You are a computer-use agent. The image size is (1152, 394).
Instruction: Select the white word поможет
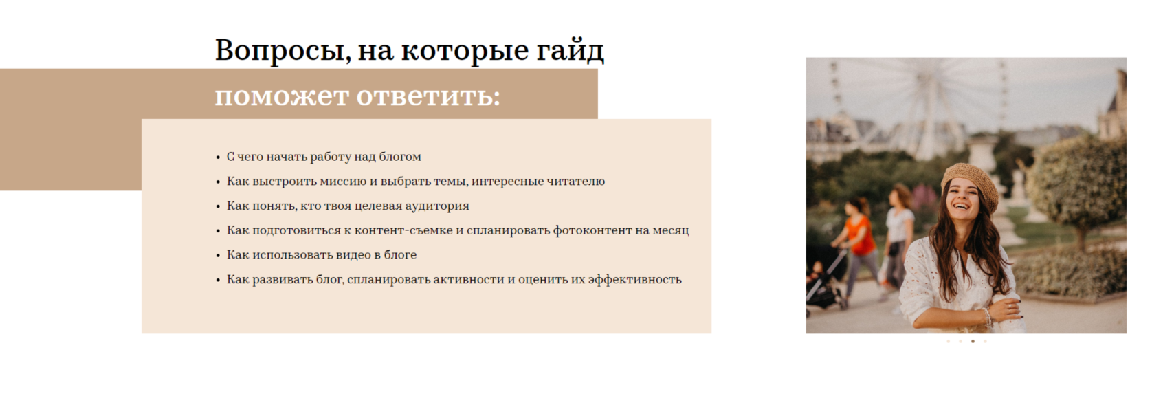pos(282,96)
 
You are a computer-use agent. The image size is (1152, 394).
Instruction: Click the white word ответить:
pos(428,96)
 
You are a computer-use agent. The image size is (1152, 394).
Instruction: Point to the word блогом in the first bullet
pos(400,157)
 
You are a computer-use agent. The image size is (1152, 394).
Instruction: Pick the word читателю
pos(575,182)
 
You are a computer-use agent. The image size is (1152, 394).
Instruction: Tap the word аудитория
pos(437,206)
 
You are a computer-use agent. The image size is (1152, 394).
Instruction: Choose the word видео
pos(353,255)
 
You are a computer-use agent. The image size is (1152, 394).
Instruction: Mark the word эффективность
pos(634,280)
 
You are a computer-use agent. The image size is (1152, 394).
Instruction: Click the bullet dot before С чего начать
pos(218,157)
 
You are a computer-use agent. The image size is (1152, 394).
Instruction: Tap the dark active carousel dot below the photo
pos(973,341)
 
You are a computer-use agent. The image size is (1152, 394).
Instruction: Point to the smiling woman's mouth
pos(960,206)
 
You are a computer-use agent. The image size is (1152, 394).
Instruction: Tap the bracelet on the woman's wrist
pos(986,317)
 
